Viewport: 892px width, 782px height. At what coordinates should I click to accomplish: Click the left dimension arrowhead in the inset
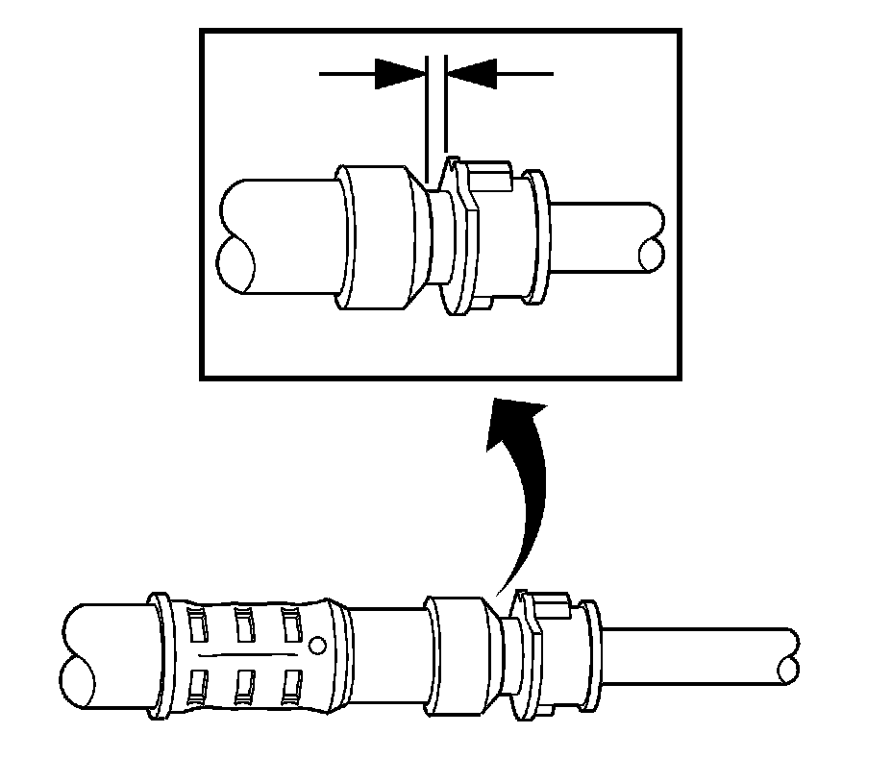pyautogui.click(x=400, y=73)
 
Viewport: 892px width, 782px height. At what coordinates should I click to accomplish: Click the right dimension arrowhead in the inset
pyautogui.click(x=472, y=73)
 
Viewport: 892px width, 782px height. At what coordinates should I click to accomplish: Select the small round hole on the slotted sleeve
pyautogui.click(x=317, y=642)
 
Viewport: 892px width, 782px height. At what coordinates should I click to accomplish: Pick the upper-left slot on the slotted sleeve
pyautogui.click(x=198, y=625)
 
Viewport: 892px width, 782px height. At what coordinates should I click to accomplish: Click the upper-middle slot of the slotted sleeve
pyautogui.click(x=244, y=625)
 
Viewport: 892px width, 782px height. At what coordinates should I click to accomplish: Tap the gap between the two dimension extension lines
pyautogui.click(x=435, y=106)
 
